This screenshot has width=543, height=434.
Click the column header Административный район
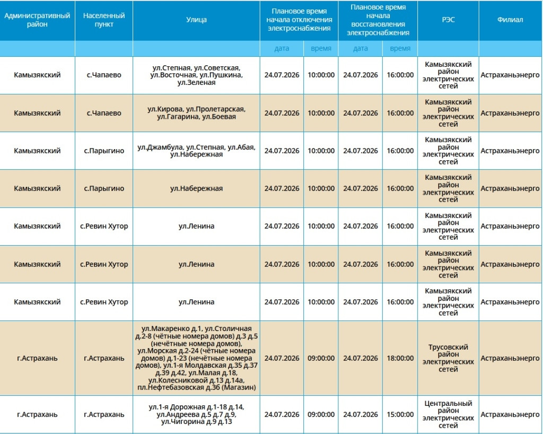pos(37,20)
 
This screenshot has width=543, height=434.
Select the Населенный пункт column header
pos(104,20)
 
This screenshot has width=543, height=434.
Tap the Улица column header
pos(196,20)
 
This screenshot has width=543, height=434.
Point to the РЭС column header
pos(448,20)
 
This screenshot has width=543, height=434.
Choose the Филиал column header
pos(510,20)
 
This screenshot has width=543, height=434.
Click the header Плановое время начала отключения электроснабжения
pos(299,20)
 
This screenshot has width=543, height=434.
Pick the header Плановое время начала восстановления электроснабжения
pos(378,20)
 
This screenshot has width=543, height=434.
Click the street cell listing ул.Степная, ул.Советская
pos(196,75)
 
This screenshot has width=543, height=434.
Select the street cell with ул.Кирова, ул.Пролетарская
pos(196,113)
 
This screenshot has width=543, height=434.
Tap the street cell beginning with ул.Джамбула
pos(196,151)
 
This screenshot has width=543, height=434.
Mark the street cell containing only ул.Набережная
pos(196,188)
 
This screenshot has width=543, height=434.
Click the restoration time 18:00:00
pos(400,358)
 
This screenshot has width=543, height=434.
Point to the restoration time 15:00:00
pos(400,414)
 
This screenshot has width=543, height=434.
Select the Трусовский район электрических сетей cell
pos(448,358)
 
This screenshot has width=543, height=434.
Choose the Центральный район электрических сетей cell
pos(448,414)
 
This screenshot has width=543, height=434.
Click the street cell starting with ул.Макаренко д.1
pos(196,358)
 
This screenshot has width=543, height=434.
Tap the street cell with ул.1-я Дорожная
pos(196,414)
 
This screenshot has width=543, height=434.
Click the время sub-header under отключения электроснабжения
pos(321,48)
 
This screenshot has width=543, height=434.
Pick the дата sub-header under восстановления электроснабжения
pos(361,48)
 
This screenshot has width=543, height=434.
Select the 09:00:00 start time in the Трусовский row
pos(321,358)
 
